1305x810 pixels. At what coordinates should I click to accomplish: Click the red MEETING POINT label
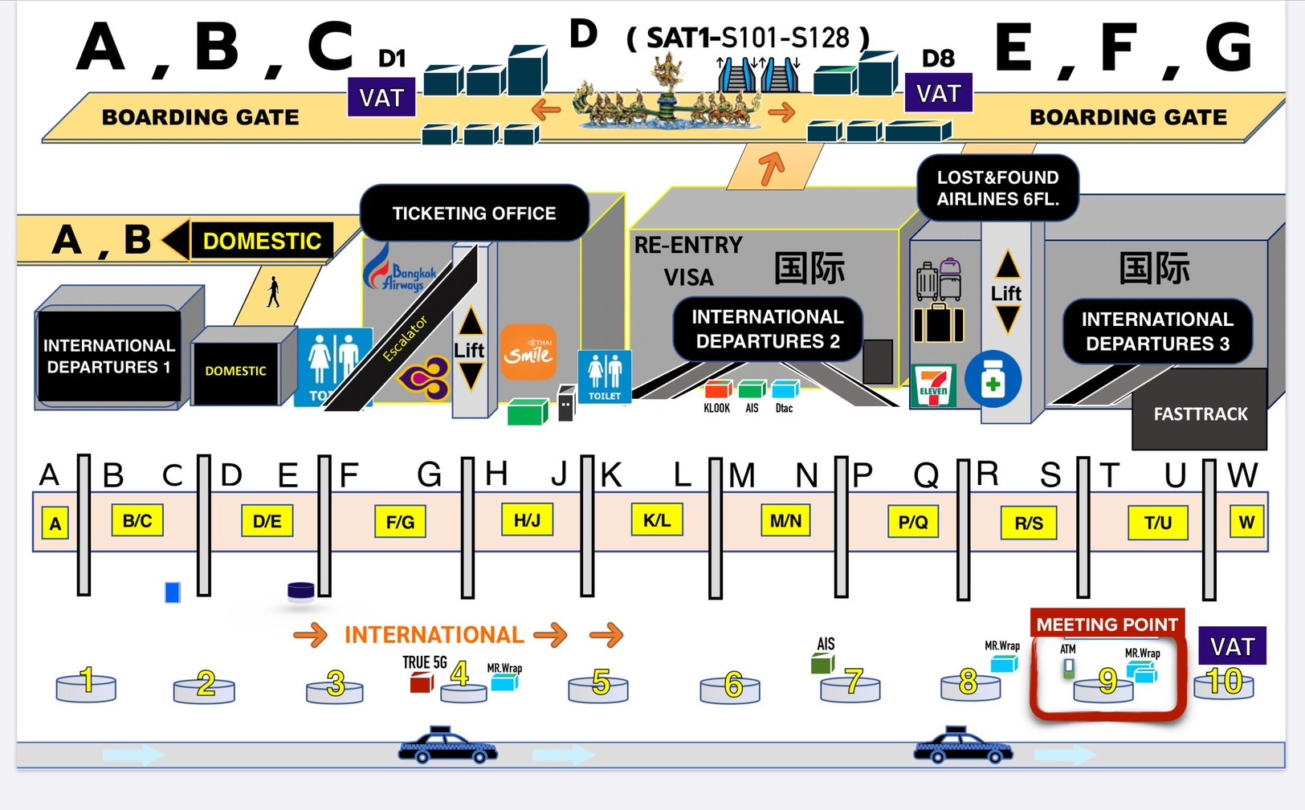coord(1107,624)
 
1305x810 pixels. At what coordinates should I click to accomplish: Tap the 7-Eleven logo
coord(933,386)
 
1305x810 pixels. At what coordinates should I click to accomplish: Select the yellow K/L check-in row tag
coord(656,520)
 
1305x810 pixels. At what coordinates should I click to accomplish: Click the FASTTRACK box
coord(1200,413)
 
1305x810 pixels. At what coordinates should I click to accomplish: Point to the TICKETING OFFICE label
coord(474,213)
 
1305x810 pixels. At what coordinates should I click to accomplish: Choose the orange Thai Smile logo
coord(528,352)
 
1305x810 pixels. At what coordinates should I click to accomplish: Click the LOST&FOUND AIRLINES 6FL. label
coord(997,188)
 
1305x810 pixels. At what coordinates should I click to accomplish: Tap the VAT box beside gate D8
coord(938,93)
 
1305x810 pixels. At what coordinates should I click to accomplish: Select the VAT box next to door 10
coord(1232,645)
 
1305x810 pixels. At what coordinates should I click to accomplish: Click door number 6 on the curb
coord(732,686)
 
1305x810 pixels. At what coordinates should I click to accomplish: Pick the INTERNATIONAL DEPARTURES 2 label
coord(767,328)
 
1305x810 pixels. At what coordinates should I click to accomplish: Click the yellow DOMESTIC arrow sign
coord(251,241)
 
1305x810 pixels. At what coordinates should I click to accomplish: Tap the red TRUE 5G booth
coord(422,682)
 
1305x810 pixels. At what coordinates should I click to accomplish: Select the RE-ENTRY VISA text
coord(688,261)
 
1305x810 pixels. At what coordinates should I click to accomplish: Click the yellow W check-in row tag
coord(1246,522)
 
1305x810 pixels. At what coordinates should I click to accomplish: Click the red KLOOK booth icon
coord(716,390)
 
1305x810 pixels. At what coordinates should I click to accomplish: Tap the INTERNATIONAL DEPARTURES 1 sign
coord(108,356)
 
